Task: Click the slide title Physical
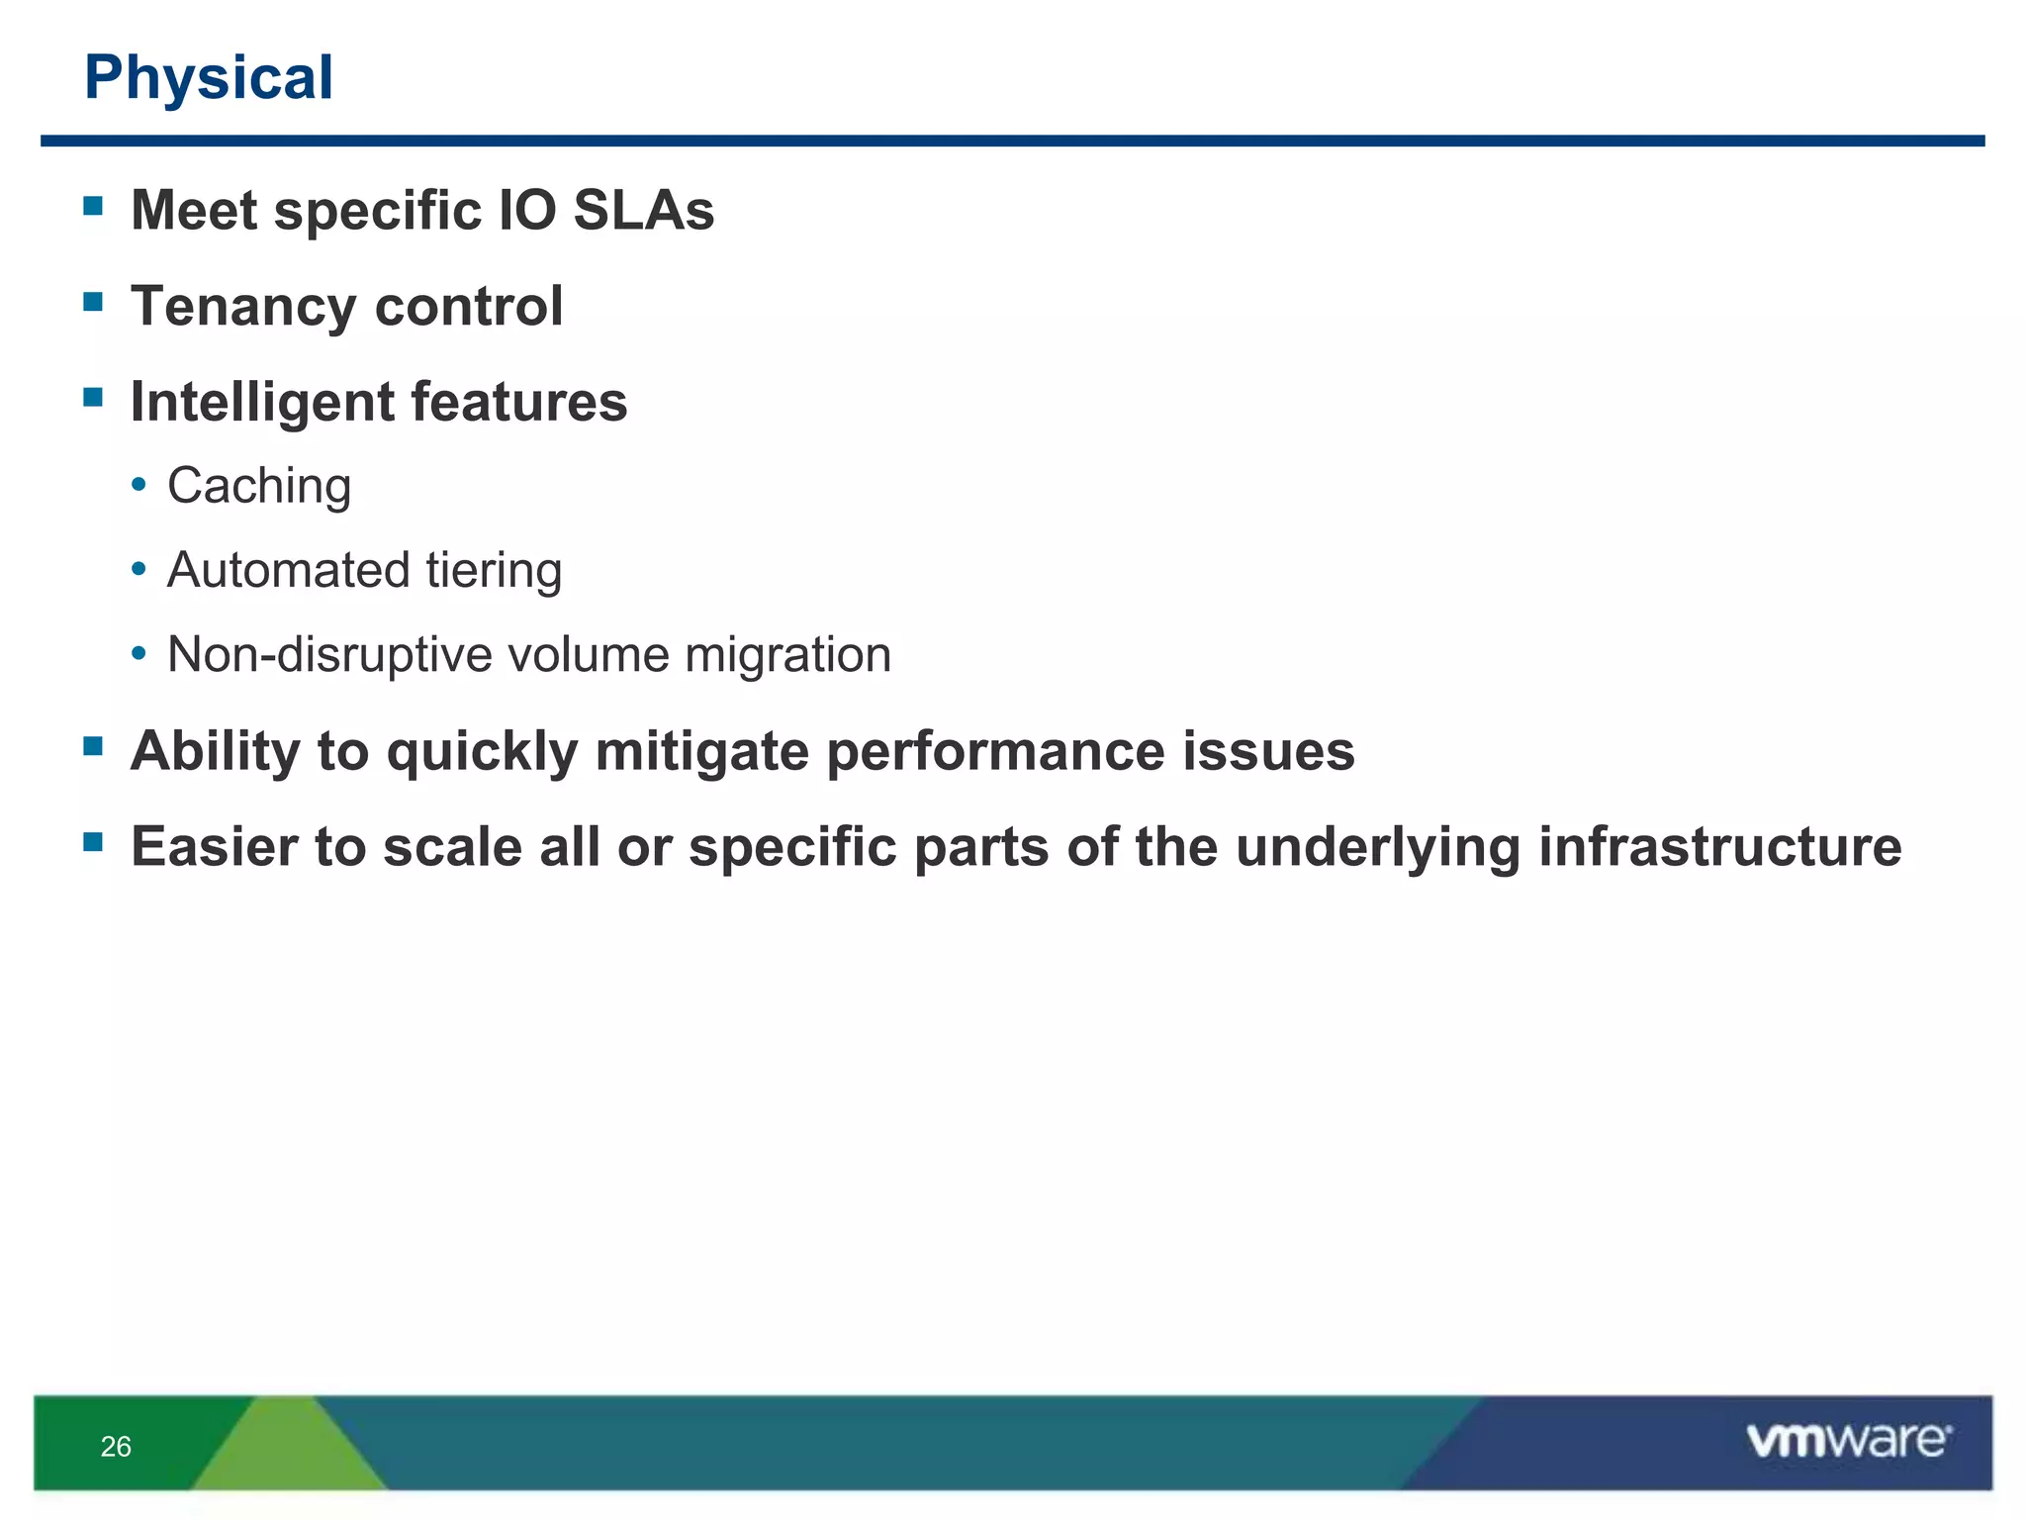click(209, 77)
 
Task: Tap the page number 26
click(116, 1447)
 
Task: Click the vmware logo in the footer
click(1848, 1441)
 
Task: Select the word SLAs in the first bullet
click(643, 211)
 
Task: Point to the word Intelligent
click(262, 402)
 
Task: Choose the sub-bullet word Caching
click(259, 486)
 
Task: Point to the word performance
click(994, 751)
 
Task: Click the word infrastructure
click(1719, 847)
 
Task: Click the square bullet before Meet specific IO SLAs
click(94, 206)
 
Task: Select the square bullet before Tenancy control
click(94, 302)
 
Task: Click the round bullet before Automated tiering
click(139, 570)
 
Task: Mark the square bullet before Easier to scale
click(94, 842)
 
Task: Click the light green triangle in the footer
click(287, 1450)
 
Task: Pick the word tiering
click(494, 570)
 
